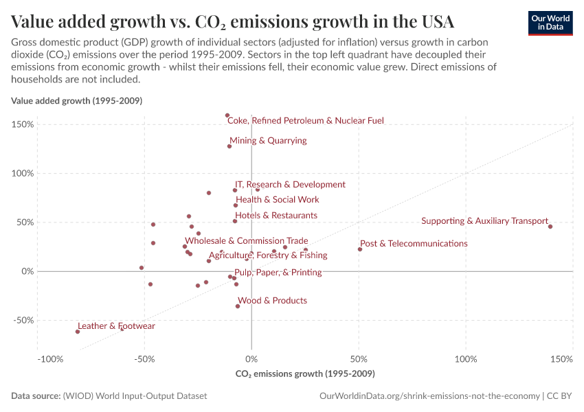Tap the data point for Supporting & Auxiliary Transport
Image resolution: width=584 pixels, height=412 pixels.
click(550, 226)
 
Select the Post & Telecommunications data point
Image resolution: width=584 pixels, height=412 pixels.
click(360, 249)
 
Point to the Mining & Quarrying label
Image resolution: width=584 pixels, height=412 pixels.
click(268, 141)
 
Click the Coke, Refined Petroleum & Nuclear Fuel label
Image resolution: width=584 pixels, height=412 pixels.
click(305, 121)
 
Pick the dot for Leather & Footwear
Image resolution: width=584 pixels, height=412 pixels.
click(78, 332)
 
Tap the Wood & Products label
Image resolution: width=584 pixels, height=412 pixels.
click(272, 301)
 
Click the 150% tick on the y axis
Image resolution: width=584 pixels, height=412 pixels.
click(23, 124)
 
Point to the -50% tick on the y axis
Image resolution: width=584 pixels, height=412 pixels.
click(23, 320)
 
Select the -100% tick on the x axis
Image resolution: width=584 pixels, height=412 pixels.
click(50, 359)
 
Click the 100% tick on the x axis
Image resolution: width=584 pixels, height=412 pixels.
click(466, 359)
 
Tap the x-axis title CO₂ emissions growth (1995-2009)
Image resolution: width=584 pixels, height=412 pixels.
click(305, 374)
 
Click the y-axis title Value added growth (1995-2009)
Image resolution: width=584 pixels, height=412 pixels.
click(76, 101)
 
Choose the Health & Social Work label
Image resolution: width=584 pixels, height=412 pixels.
click(278, 200)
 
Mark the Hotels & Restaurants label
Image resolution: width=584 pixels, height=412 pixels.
click(276, 216)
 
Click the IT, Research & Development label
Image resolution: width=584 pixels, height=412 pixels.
click(290, 185)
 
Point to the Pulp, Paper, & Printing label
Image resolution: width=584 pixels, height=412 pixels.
click(278, 273)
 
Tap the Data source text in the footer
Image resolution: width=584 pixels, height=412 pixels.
click(109, 396)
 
